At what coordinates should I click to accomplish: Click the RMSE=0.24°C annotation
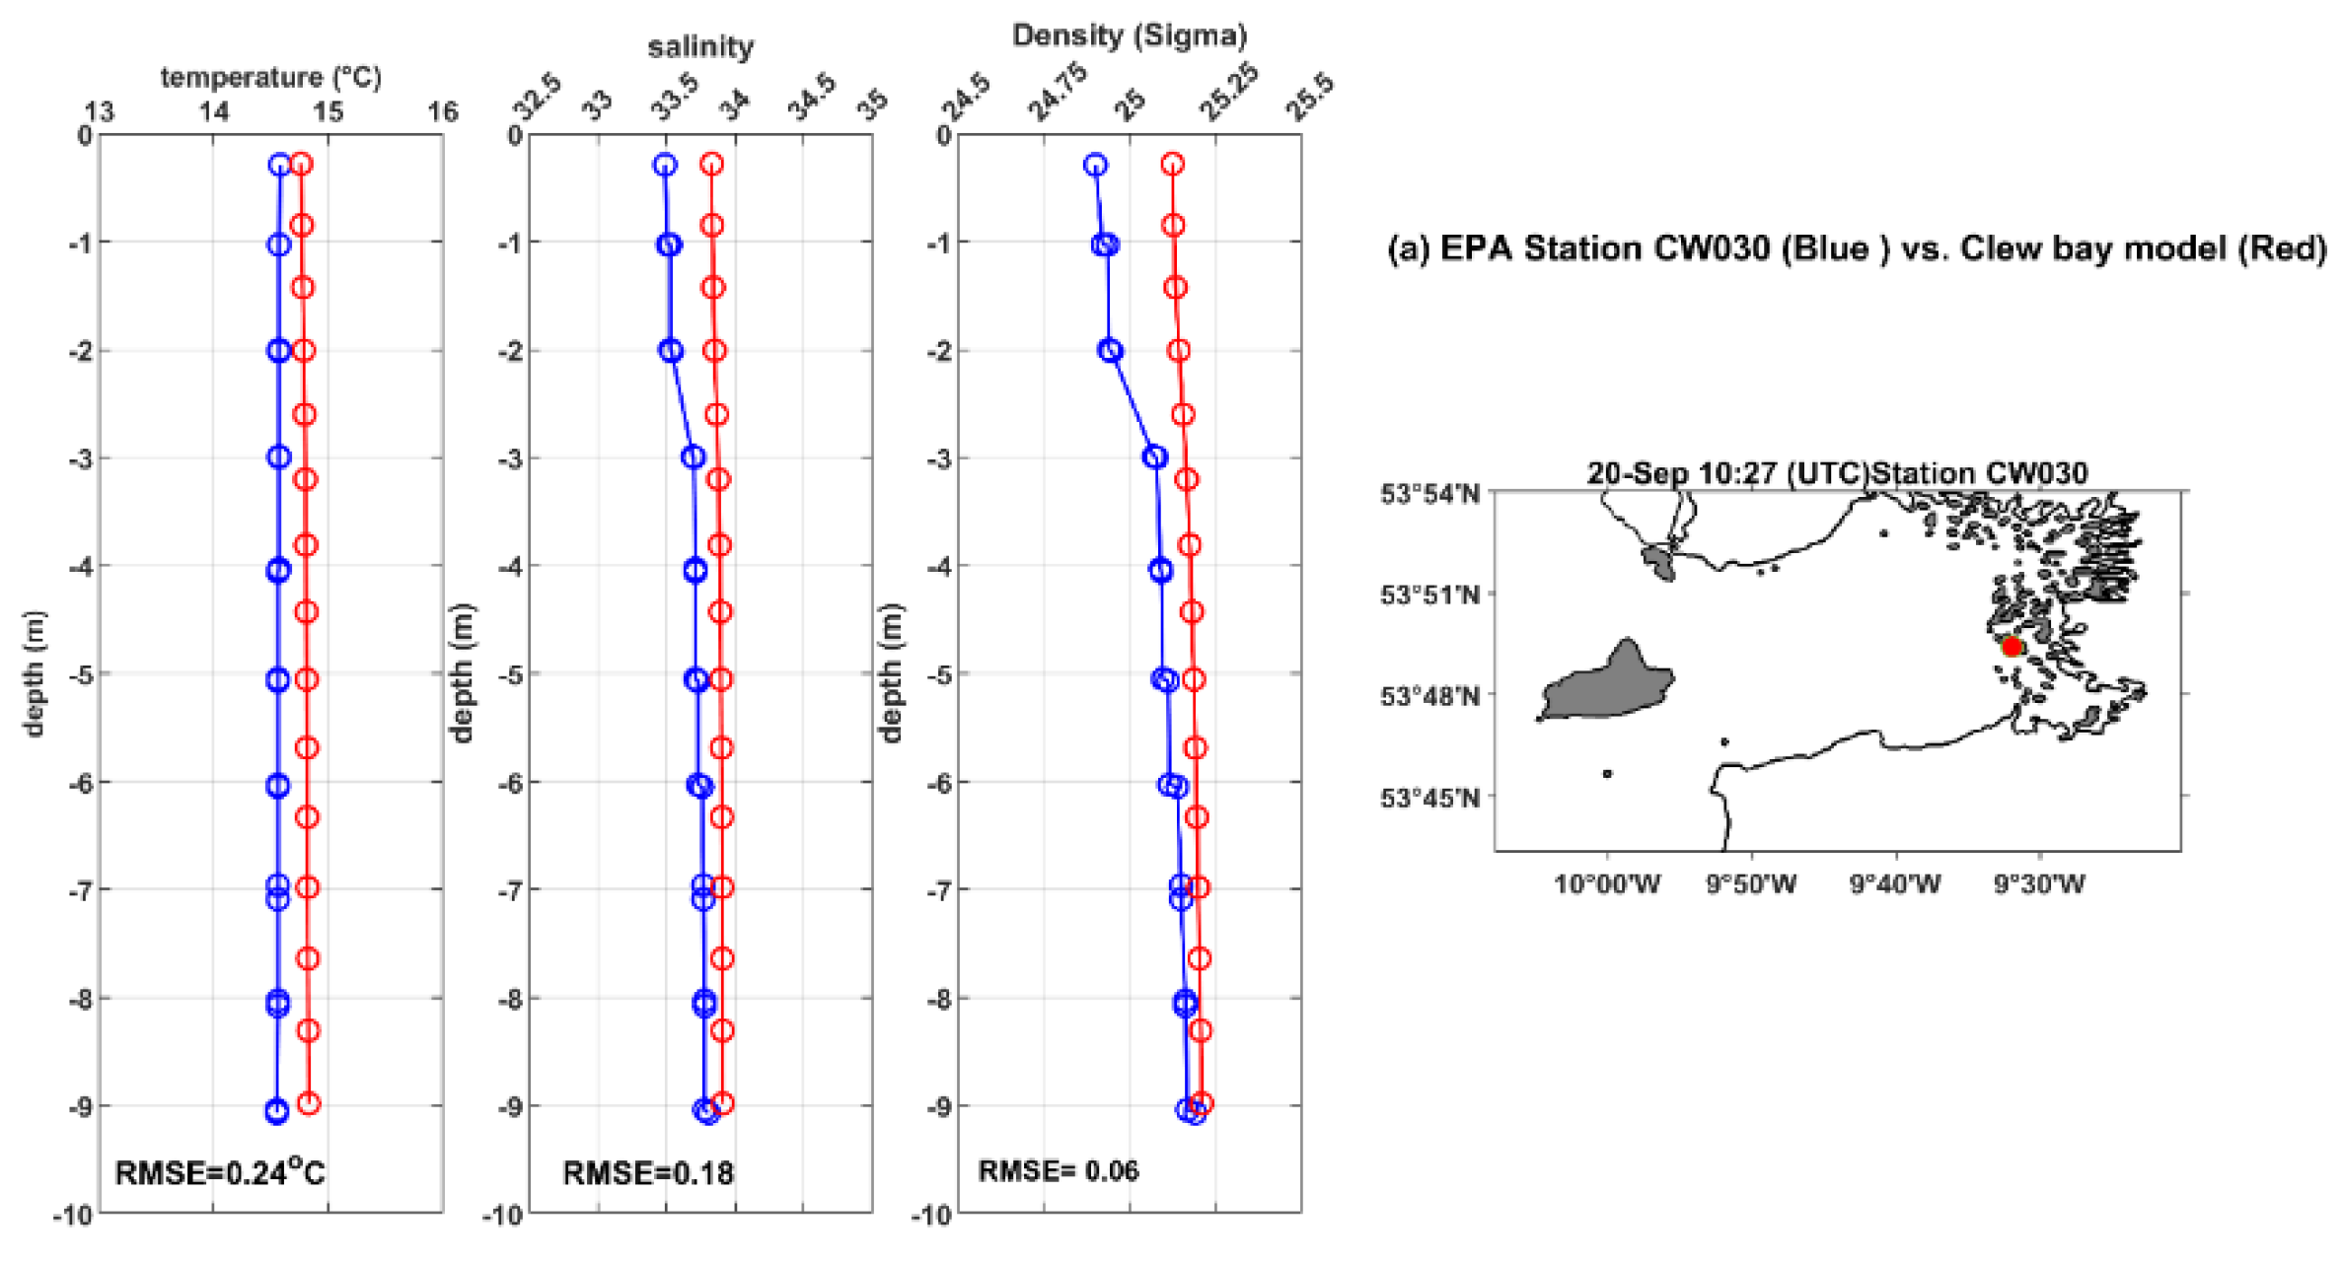click(x=219, y=1172)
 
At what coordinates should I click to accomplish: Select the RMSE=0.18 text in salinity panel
click(x=648, y=1172)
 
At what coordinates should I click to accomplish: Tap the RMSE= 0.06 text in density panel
click(x=1058, y=1170)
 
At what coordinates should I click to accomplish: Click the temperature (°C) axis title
click(x=270, y=77)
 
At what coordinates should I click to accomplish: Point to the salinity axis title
click(x=700, y=46)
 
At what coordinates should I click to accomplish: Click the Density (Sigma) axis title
click(x=1130, y=35)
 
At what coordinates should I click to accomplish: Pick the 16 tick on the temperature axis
click(x=443, y=111)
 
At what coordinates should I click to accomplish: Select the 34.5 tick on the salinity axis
click(x=811, y=99)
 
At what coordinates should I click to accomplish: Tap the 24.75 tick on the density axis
click(x=1057, y=93)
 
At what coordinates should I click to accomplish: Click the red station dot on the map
click(x=2012, y=647)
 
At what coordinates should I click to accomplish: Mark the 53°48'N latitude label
click(x=1429, y=696)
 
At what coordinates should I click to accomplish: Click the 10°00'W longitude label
click(x=1607, y=884)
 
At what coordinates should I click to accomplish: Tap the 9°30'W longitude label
click(x=2039, y=884)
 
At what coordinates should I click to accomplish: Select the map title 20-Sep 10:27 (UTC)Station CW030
click(x=1837, y=473)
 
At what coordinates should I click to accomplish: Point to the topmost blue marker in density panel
click(x=1095, y=165)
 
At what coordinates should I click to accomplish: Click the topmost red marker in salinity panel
click(x=712, y=164)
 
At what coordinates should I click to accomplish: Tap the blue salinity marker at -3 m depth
click(x=694, y=456)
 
